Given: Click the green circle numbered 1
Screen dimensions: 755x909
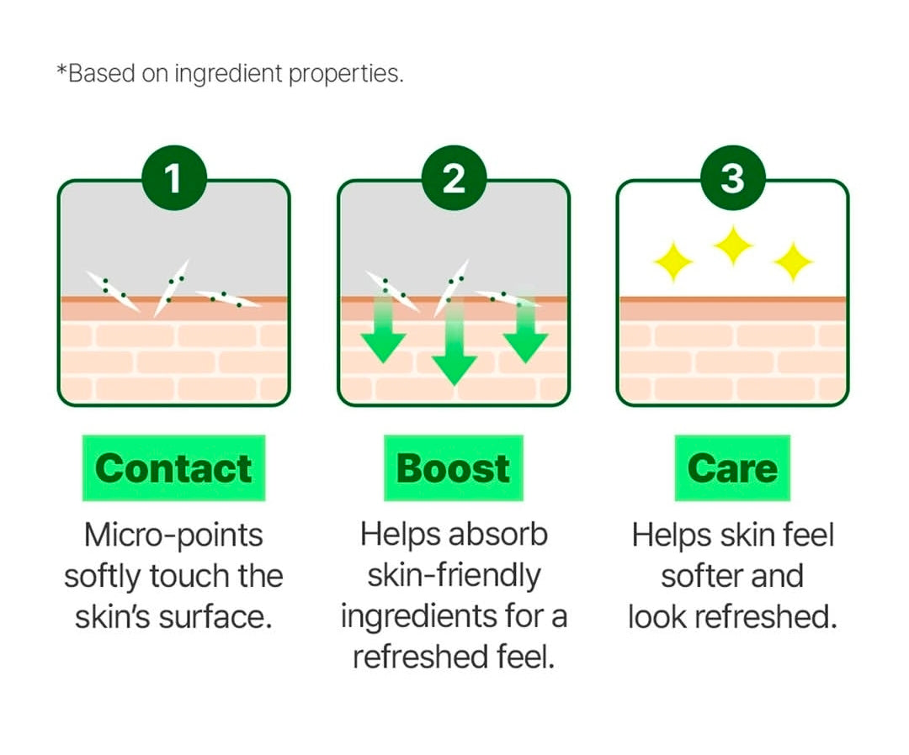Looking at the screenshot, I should (x=173, y=179).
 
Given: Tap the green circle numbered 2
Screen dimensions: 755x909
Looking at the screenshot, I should (x=454, y=179).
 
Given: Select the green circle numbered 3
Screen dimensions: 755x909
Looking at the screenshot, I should (x=733, y=179).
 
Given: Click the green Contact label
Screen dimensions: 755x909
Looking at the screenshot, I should (x=173, y=468).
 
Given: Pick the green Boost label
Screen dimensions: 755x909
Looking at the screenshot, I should (x=454, y=468).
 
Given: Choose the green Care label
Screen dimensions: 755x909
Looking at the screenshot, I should (x=732, y=468).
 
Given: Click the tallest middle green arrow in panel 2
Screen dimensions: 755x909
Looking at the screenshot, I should (x=454, y=345).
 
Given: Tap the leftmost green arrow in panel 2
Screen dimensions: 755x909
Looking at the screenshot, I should (x=384, y=332).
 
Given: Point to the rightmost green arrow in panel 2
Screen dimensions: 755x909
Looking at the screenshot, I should (x=526, y=332).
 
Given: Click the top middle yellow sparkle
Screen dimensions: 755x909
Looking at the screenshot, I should (x=733, y=246).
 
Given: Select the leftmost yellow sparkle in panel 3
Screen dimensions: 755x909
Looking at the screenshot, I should (x=673, y=262).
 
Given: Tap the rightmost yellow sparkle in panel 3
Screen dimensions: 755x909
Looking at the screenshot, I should (x=793, y=262).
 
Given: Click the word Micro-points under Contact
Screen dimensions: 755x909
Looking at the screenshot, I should (x=174, y=535).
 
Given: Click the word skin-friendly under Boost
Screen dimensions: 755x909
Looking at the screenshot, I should (x=454, y=576).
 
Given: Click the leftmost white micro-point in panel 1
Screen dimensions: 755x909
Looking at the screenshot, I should (x=113, y=291).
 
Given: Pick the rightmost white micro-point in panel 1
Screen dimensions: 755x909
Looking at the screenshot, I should (x=227, y=298).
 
